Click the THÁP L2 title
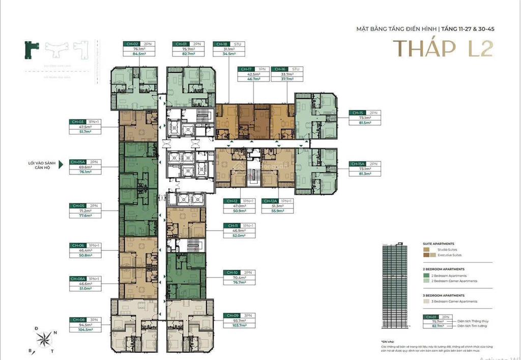pos(443,49)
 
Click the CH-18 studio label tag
pos(222,44)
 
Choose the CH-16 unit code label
pos(280,69)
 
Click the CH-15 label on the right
pos(356,113)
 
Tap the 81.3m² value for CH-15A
pos(364,174)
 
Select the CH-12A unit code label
pos(270,201)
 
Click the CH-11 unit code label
pos(233,225)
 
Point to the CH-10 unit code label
pos(233,272)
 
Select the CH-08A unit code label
pos(78,279)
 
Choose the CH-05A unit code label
pos(78,162)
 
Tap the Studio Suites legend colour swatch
pos(427,250)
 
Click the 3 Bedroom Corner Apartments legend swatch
pos(427,301)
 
